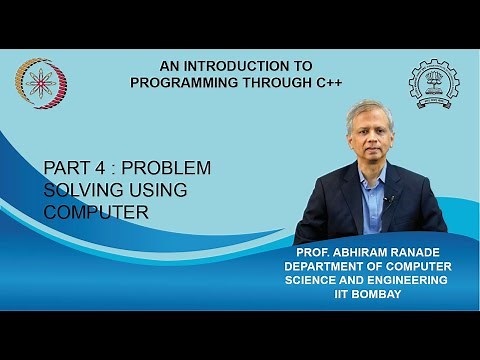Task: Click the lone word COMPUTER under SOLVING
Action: coord(96,211)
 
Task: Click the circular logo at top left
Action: coord(42,84)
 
